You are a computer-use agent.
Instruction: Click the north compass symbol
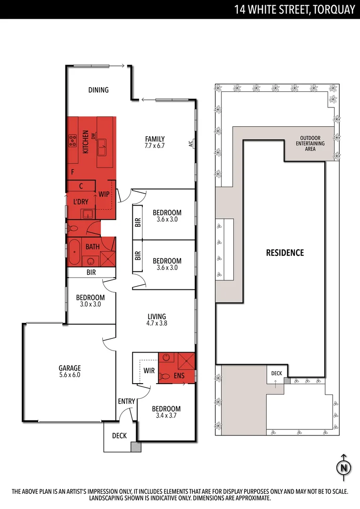click(x=344, y=467)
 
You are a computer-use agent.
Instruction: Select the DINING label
click(x=98, y=90)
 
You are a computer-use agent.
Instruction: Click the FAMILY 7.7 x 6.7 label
click(x=155, y=142)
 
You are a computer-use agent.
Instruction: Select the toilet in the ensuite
click(x=164, y=376)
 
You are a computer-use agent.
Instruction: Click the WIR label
click(x=149, y=371)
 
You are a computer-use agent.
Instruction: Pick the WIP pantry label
click(x=104, y=194)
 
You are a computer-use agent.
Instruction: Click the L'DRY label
click(x=81, y=202)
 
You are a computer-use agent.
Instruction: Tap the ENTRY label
click(x=127, y=401)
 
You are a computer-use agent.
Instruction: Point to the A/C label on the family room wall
click(x=191, y=144)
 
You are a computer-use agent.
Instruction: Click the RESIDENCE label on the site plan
click(x=285, y=253)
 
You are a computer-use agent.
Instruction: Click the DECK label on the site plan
click(x=276, y=373)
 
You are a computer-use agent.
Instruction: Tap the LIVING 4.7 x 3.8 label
click(x=156, y=320)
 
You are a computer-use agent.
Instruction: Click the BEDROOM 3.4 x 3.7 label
click(x=166, y=412)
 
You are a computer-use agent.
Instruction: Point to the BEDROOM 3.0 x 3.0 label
click(x=90, y=301)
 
